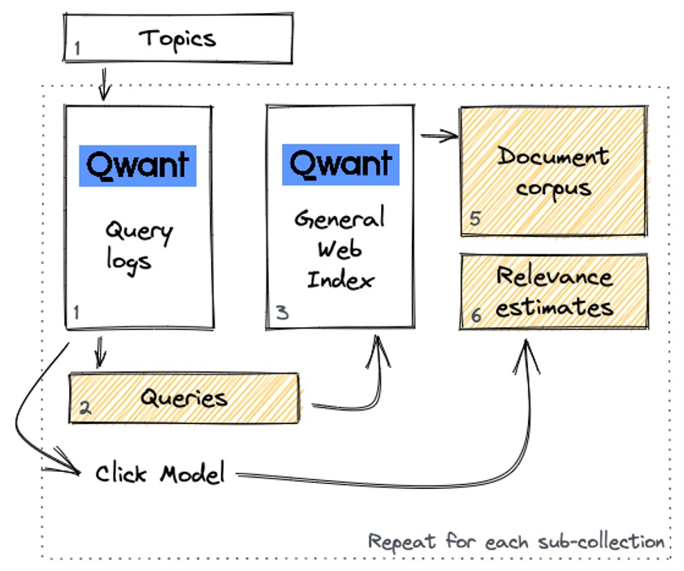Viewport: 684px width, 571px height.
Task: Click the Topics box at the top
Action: [x=177, y=38]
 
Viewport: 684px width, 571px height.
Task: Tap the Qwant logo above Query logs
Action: [x=137, y=166]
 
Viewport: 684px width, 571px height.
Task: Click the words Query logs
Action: [x=137, y=245]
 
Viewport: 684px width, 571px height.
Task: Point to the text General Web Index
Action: [x=340, y=249]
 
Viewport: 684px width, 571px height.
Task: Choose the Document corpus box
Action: [x=553, y=171]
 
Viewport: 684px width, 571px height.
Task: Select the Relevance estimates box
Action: [x=554, y=292]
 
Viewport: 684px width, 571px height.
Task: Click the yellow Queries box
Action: [x=184, y=398]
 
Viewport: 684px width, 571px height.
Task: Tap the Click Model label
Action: [x=159, y=474]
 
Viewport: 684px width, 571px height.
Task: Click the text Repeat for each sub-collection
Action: [x=516, y=541]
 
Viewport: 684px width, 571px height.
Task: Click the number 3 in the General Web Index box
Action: [x=281, y=313]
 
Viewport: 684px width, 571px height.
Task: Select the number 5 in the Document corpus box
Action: [x=475, y=219]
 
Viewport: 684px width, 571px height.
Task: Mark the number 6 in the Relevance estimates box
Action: [x=476, y=316]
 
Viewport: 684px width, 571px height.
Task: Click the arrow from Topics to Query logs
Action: [x=104, y=84]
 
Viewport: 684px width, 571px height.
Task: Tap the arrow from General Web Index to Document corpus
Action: [x=439, y=136]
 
